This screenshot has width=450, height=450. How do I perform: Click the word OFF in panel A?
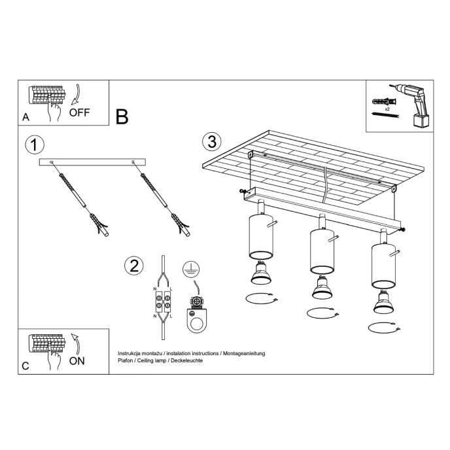(x=79, y=112)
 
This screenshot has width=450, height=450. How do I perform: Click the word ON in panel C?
(x=77, y=360)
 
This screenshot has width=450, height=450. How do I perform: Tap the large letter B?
(x=122, y=116)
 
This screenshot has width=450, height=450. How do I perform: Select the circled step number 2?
(x=133, y=266)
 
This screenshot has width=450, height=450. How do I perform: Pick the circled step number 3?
(x=211, y=141)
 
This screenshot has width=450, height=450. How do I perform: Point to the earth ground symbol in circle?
(x=190, y=268)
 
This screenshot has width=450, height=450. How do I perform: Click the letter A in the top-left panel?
(x=26, y=118)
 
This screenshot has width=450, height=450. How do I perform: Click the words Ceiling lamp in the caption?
(x=155, y=360)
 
